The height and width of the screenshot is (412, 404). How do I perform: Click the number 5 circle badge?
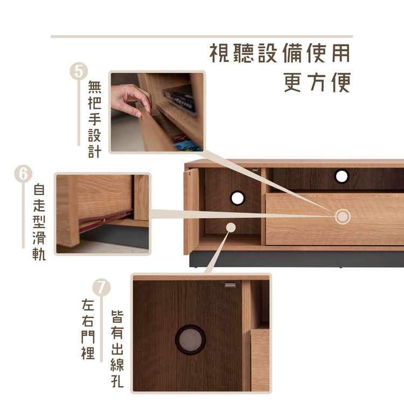(x=79, y=71)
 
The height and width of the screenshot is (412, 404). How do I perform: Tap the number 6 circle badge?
(x=23, y=173)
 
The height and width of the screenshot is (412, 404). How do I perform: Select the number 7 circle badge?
(x=101, y=288)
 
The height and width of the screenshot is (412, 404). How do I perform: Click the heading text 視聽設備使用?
(x=280, y=53)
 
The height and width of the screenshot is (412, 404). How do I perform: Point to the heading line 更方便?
(x=317, y=82)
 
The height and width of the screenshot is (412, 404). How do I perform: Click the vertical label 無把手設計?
(x=95, y=119)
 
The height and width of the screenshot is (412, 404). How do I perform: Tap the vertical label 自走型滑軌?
(x=39, y=222)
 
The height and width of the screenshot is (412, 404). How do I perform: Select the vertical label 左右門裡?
(x=88, y=329)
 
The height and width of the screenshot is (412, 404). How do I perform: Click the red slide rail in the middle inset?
(x=106, y=220)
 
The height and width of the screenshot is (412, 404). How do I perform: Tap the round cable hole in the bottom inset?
(x=190, y=340)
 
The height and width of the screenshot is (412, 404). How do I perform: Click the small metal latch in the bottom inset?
(x=230, y=285)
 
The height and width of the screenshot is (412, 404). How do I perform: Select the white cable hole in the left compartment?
(x=238, y=198)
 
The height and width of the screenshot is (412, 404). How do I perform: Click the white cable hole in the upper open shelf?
(x=342, y=176)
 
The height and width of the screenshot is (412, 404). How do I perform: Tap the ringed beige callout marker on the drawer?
(x=343, y=217)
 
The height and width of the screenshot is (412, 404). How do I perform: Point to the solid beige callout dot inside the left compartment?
(x=231, y=227)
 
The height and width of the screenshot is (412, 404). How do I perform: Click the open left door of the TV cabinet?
(x=191, y=211)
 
